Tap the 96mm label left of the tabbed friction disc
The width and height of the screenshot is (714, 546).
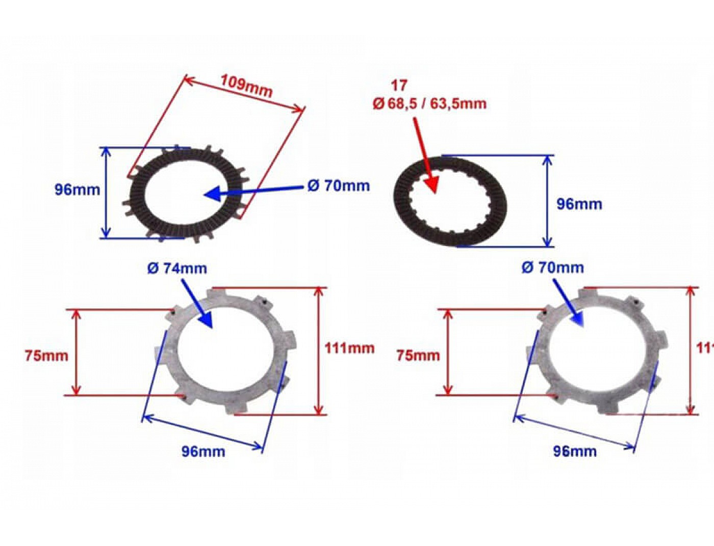coord(77,189)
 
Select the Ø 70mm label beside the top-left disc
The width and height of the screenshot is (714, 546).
coord(339,185)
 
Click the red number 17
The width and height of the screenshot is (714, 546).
coord(399,85)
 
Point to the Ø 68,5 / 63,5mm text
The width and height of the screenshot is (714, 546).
coord(429,103)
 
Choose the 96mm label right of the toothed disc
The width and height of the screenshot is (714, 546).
coord(579,204)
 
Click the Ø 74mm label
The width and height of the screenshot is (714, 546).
coord(177,268)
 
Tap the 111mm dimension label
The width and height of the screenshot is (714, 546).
coord(349,348)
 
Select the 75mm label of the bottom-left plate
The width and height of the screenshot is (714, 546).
coord(46,355)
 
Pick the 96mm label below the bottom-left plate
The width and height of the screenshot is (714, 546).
coord(203,451)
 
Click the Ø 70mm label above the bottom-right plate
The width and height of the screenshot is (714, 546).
coord(552,267)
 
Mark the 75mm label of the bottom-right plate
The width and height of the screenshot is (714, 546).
coord(418,355)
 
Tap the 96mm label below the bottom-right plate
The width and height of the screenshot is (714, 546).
coord(575,451)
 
